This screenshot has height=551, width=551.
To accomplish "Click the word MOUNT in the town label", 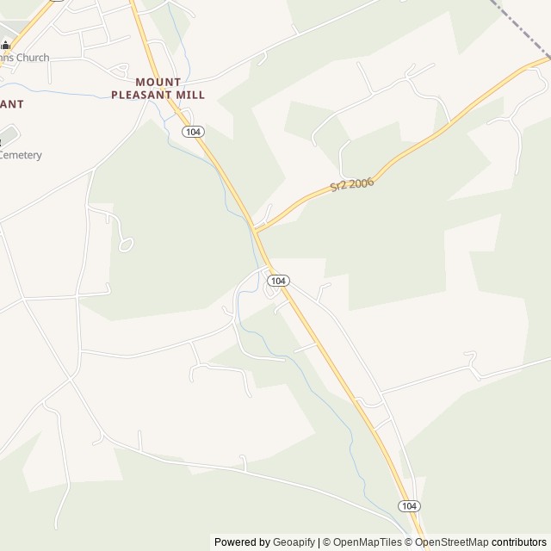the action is (158, 82).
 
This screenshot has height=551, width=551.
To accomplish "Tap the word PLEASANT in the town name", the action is (141, 95).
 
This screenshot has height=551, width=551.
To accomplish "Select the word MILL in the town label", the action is (190, 95).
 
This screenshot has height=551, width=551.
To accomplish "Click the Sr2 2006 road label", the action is (351, 186).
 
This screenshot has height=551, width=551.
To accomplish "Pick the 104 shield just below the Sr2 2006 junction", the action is (277, 281).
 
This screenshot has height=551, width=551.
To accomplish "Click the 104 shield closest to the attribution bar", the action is (409, 505).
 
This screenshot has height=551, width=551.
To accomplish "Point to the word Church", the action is (31, 58).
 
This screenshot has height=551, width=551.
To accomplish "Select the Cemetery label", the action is (21, 155).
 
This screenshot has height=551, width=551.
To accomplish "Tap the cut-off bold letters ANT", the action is (11, 103).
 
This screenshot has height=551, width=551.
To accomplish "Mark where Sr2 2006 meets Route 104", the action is (257, 230).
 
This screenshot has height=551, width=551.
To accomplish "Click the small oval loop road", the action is (127, 245).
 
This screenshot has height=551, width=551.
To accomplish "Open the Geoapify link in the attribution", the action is (294, 542).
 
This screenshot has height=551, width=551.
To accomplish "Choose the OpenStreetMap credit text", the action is (451, 542).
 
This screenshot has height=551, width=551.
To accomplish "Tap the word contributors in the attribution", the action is (519, 542).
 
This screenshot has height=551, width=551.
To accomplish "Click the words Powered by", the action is (242, 542).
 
